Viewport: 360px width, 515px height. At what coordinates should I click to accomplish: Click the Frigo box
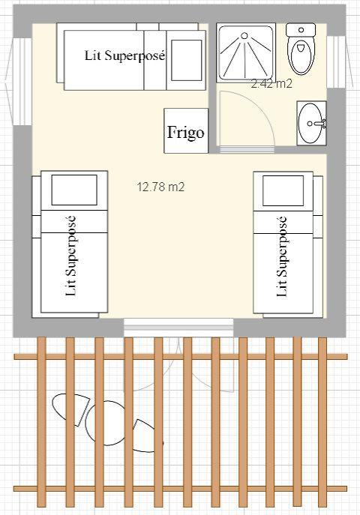pos(186,130)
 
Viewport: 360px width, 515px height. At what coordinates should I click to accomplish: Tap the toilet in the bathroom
pos(301,49)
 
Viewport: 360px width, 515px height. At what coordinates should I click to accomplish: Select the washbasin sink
pos(311,123)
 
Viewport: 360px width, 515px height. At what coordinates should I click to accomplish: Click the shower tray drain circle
pos(244,35)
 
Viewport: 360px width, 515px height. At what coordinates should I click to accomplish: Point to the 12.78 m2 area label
pos(160,187)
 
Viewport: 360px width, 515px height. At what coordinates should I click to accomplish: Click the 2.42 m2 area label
pos(271,84)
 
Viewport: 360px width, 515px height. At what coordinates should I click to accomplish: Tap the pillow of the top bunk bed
pos(187,60)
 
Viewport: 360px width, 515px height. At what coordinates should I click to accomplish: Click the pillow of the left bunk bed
pos(74,190)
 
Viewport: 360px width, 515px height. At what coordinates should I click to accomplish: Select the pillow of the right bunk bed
pos(283,190)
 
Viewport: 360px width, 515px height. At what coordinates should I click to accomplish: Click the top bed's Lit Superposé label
pos(124,55)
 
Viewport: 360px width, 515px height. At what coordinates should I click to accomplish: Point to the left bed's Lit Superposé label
pos(70,256)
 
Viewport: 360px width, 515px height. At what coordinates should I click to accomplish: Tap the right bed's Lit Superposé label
pos(282,256)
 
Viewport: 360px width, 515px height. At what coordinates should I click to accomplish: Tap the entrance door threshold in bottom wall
pos(178,327)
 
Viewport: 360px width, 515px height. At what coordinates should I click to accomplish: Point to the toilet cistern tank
pos(301,29)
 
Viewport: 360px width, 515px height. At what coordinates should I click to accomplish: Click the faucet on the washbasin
pos(320,124)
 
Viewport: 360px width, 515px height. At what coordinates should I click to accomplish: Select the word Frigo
pos(186,133)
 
